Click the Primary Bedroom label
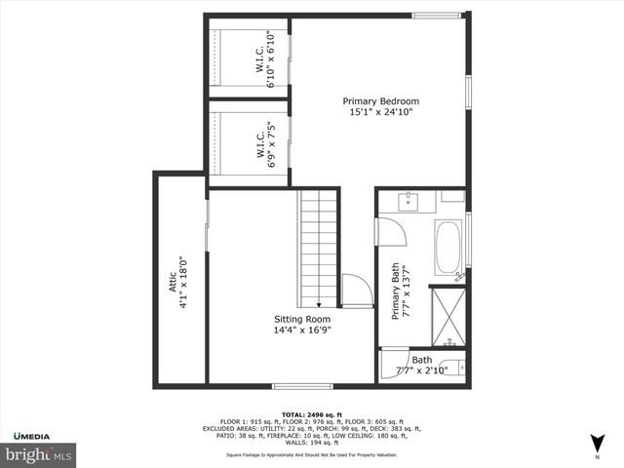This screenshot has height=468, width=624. [380, 106]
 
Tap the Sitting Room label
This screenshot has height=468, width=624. [301, 324]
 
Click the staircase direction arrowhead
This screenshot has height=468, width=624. [318, 304]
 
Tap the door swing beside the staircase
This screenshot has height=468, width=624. [356, 291]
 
